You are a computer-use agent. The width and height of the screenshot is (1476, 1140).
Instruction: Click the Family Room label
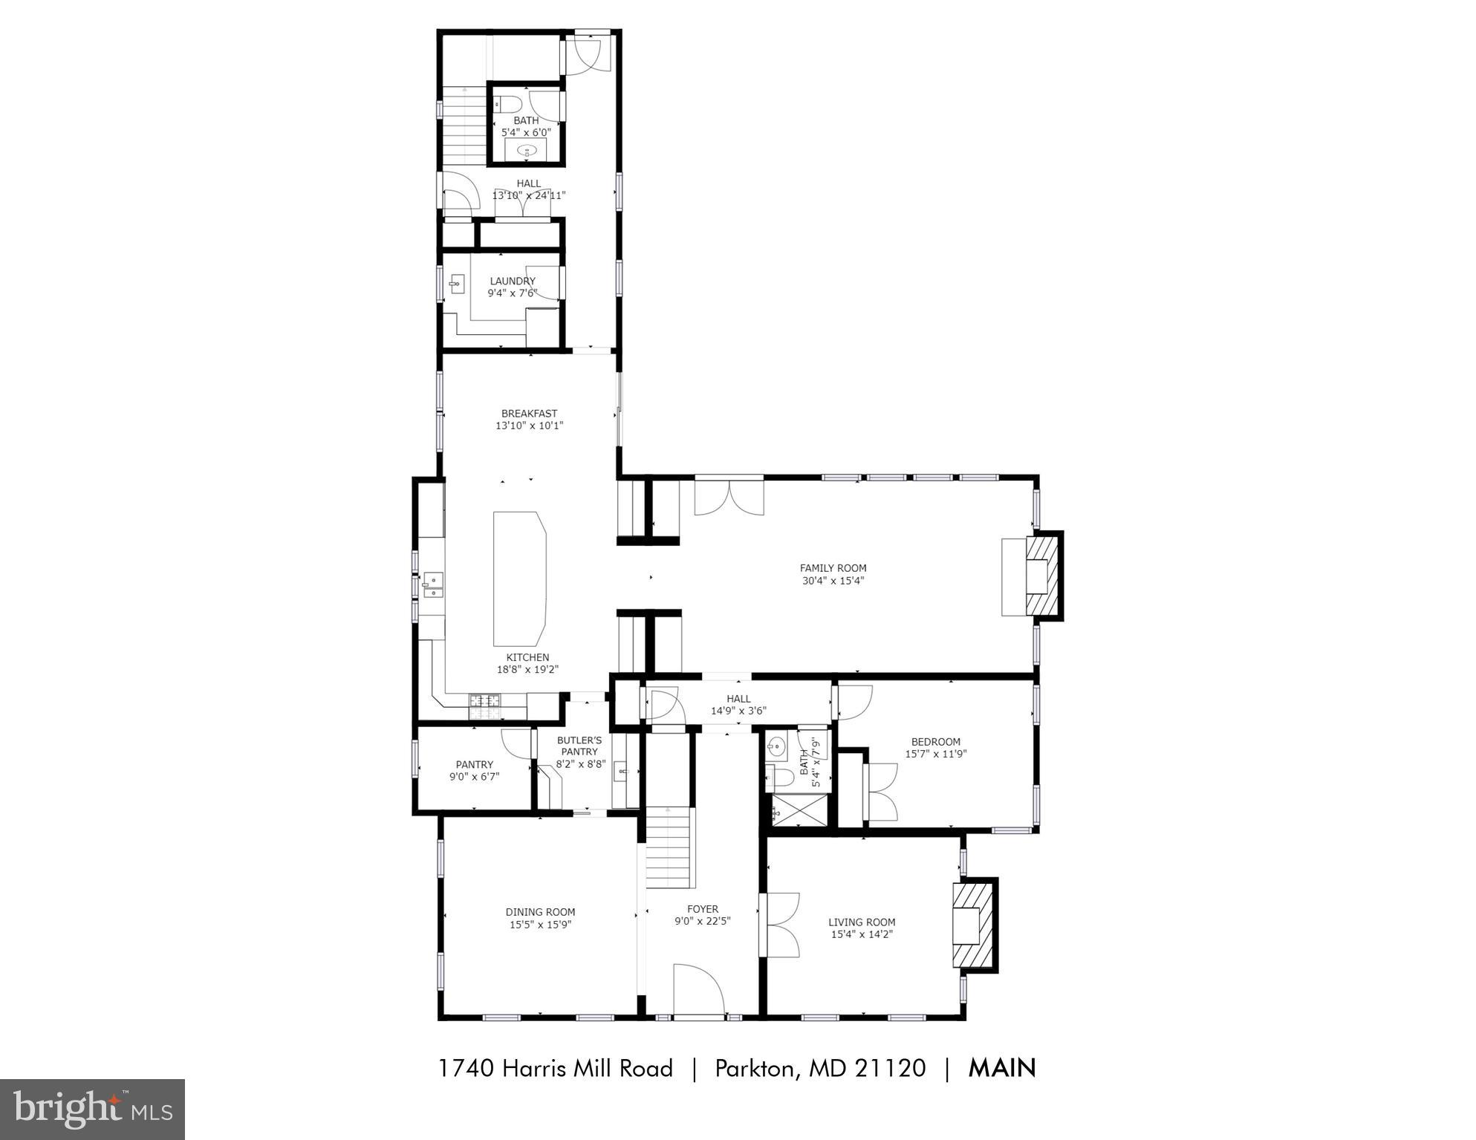[x=833, y=568]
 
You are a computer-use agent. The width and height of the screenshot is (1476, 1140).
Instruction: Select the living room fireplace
[x=973, y=925]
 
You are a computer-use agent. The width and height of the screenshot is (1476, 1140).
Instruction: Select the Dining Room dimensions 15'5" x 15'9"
[x=540, y=925]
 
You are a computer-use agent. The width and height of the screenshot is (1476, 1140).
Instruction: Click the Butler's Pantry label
[x=580, y=746]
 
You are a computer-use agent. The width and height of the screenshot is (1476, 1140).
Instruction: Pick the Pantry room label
[x=474, y=764]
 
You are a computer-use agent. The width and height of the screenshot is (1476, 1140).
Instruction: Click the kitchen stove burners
[x=485, y=706]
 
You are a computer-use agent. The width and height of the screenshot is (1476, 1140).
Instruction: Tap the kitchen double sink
[x=433, y=584]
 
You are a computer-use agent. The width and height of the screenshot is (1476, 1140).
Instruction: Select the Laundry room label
[x=513, y=281]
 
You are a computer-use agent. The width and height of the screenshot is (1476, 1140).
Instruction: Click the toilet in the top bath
[x=510, y=102]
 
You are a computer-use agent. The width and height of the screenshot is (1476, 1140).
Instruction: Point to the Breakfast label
[x=529, y=414]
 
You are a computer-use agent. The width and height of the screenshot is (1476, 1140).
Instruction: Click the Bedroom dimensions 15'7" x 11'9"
[x=935, y=754]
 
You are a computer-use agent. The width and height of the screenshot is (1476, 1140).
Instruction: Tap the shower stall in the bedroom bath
[x=799, y=811]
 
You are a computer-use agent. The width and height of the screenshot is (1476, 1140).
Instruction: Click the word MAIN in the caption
[x=1001, y=1068]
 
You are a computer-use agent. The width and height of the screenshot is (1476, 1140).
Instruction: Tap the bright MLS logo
[x=92, y=1109]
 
